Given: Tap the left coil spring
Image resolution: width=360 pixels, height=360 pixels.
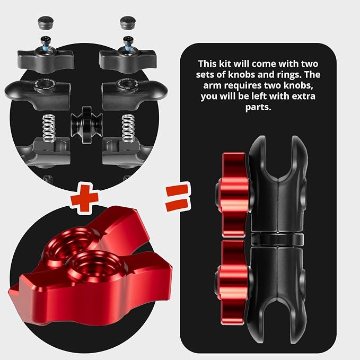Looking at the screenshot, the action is [x=49, y=128].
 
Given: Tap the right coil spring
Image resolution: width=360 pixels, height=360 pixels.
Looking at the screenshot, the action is [x=128, y=128].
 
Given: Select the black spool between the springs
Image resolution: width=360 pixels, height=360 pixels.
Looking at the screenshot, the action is [x=86, y=125].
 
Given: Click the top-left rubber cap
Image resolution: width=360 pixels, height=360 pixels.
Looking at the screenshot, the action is [x=46, y=22].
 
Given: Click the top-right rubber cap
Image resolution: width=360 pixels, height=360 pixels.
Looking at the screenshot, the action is [x=127, y=22].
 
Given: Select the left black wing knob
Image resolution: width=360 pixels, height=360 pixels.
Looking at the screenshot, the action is [x=46, y=60].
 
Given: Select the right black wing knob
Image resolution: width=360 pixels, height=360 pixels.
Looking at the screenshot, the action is [x=128, y=60].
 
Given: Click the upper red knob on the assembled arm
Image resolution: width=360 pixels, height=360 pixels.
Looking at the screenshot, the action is [x=233, y=195].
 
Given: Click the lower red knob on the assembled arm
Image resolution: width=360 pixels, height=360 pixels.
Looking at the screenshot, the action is [x=233, y=283].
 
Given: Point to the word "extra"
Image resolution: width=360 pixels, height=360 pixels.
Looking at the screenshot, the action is [x=303, y=96].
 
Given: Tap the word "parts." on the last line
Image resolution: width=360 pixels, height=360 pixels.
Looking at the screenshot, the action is [x=258, y=108].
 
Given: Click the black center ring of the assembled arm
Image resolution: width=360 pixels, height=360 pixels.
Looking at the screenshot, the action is [x=277, y=239].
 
